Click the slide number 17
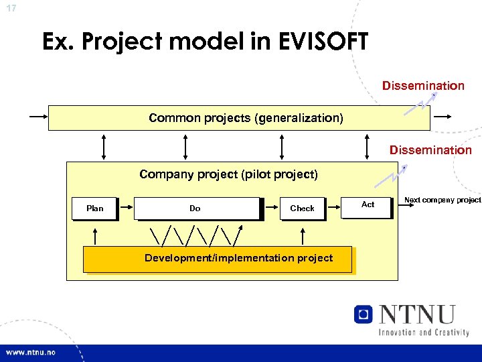tap(11, 8)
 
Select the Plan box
tap(95, 208)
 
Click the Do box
tap(195, 208)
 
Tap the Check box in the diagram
tap(302, 208)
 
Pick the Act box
tap(368, 204)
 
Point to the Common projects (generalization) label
tap(246, 118)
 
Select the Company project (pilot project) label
tap(228, 175)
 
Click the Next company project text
tap(443, 200)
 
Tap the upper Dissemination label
tap(423, 86)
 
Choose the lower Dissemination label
tap(430, 150)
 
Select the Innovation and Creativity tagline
tap(424, 332)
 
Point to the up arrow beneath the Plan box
tap(95, 235)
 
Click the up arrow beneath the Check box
tap(303, 235)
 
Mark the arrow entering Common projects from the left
tap(38, 116)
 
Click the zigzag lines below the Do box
tap(195, 235)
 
